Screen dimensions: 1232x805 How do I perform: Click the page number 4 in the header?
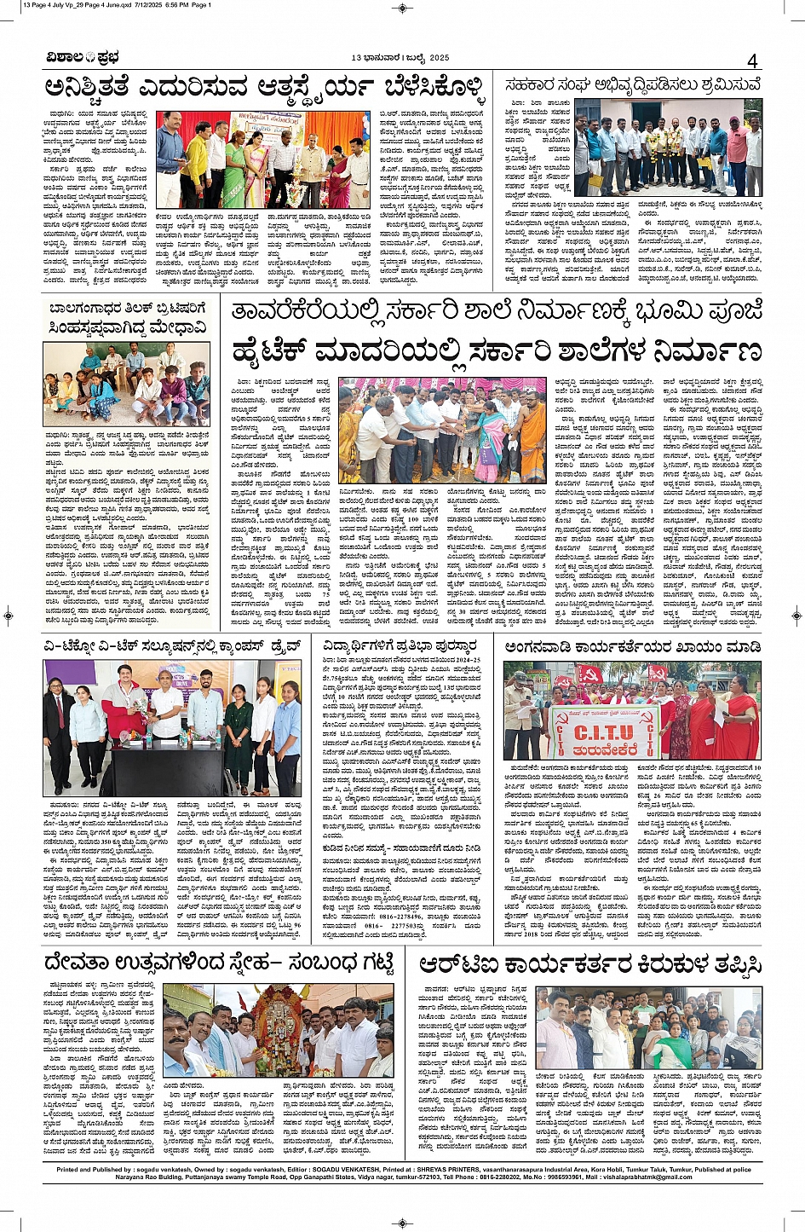752,61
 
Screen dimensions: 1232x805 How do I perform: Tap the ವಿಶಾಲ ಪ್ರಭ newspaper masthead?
83,58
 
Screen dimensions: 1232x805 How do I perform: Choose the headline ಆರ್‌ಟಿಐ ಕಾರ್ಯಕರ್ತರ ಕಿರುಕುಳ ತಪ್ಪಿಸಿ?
589,964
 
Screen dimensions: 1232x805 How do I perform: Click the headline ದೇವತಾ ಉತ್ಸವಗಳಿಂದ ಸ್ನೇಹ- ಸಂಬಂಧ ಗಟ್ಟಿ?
220,964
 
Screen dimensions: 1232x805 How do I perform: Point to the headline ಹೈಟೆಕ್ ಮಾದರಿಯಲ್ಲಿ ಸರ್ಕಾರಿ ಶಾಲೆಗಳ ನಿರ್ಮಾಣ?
496,351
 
